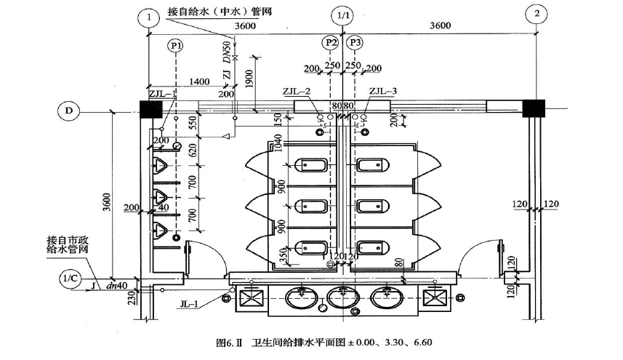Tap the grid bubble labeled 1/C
(x=70, y=278)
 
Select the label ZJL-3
(x=383, y=92)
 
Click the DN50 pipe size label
(x=226, y=52)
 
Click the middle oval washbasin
(x=341, y=297)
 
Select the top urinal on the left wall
(x=161, y=165)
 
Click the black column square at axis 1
(x=150, y=110)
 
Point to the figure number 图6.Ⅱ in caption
(x=230, y=341)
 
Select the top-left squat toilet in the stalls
(x=312, y=166)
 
